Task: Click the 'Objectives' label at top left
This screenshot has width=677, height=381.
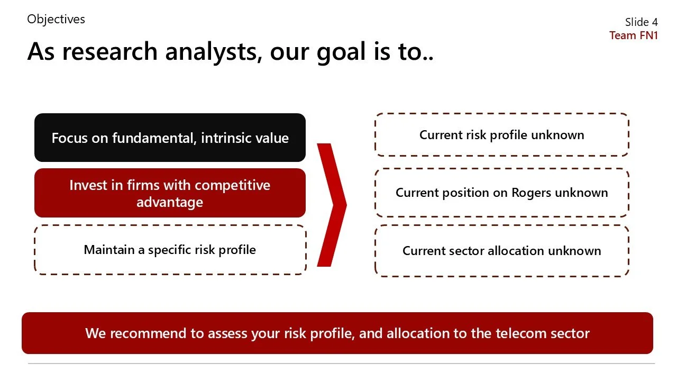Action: coord(56,20)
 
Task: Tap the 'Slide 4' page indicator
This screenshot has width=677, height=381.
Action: coord(641,22)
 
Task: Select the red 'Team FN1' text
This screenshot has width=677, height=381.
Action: coord(633,35)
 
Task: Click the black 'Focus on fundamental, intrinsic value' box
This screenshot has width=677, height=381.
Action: coord(170,138)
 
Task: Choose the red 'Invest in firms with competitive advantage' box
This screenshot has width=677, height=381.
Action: coord(170,193)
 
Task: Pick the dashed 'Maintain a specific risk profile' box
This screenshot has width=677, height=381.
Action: coord(170,250)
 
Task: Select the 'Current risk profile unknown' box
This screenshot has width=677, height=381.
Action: coord(501,135)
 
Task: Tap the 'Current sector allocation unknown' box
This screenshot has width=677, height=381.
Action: coord(501,251)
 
